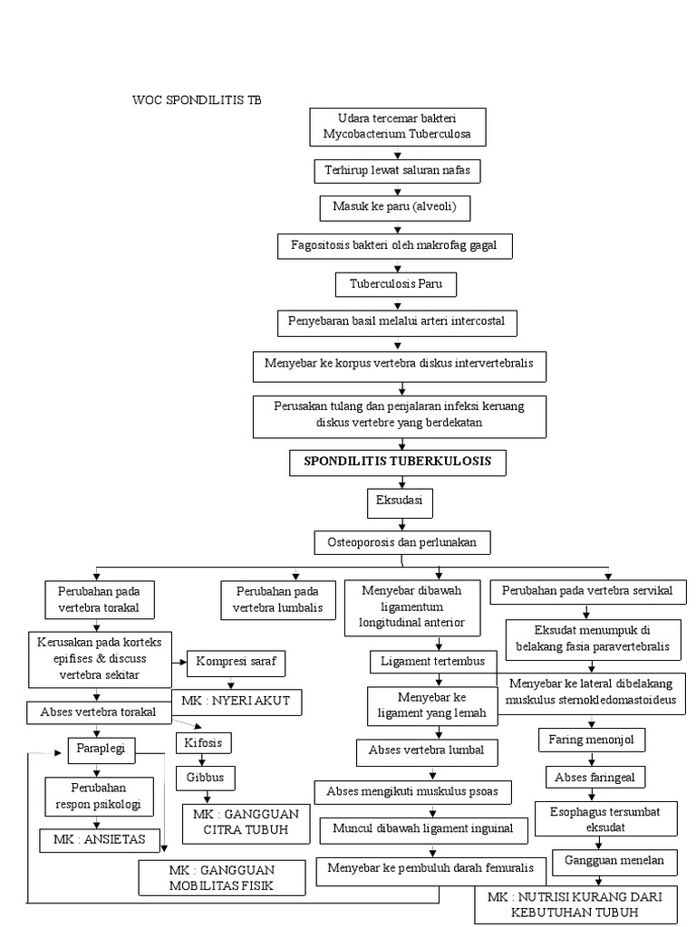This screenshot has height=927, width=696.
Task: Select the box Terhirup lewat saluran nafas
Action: (398, 169)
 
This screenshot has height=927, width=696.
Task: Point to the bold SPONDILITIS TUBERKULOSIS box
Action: (398, 462)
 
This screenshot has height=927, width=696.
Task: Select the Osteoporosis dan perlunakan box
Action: (401, 542)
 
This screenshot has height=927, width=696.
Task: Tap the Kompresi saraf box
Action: (236, 663)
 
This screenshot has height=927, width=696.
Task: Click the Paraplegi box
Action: (101, 749)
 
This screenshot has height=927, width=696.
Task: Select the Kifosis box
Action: (204, 743)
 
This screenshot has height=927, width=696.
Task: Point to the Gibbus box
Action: (205, 777)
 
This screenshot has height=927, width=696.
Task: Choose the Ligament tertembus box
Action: (433, 662)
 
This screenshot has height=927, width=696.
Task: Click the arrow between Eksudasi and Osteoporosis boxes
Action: (398, 522)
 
